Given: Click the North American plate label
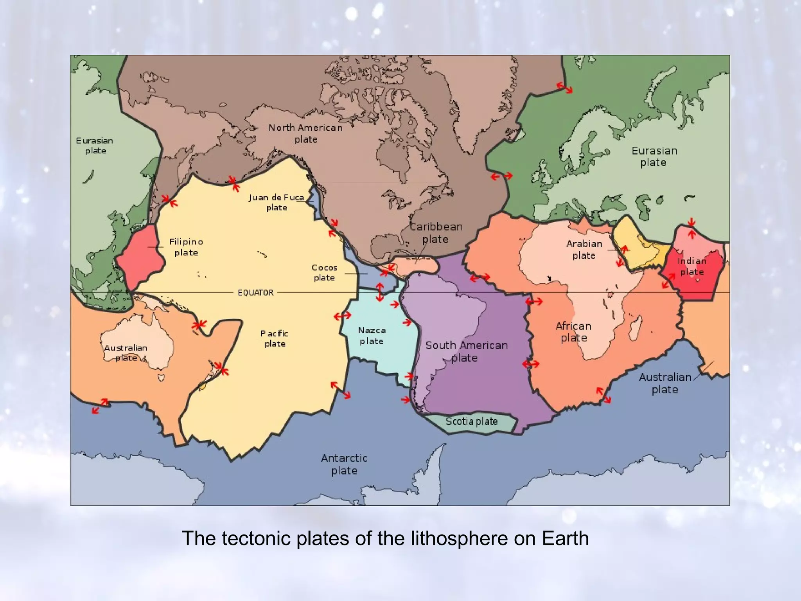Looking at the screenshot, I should [305, 133].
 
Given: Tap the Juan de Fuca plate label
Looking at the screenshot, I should [277, 202].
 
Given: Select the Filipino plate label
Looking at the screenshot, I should [186, 247].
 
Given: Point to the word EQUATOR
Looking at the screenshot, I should [256, 293].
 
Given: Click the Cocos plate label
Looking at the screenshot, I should [324, 273].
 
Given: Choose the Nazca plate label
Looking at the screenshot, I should [372, 336].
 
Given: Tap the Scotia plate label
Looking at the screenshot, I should [472, 421].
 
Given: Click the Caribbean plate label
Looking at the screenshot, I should [436, 233].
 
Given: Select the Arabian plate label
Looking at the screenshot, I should [584, 249].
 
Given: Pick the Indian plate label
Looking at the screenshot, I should [692, 266].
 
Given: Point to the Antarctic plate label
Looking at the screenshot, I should [344, 464].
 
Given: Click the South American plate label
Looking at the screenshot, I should [466, 351].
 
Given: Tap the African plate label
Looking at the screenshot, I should [573, 332].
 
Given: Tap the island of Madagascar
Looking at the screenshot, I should [634, 329].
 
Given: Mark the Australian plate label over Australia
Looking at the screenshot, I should [126, 353].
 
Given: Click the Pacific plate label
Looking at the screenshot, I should [275, 338].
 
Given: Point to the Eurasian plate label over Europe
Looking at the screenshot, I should [654, 157].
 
